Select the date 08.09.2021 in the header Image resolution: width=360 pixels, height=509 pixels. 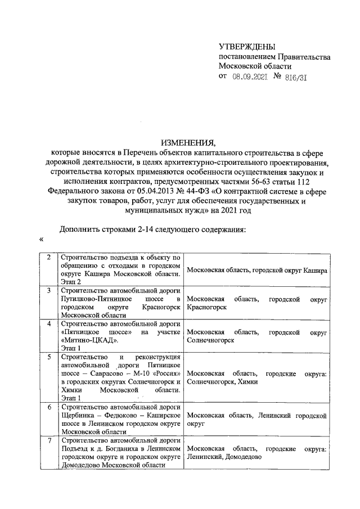coord(249,78)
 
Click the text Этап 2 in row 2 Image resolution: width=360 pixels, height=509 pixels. coord(71,281)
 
